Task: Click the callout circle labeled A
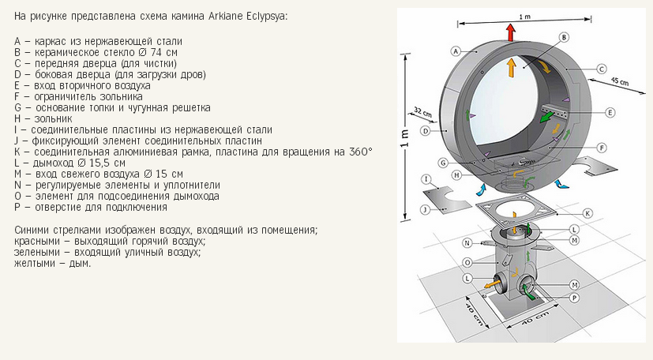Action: click(456, 51)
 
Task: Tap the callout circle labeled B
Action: click(564, 37)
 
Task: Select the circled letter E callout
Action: click(610, 112)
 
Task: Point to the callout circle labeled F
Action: click(602, 148)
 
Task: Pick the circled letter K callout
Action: click(588, 213)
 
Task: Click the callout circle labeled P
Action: click(575, 298)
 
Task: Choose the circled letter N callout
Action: click(467, 243)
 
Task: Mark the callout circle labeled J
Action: click(425, 209)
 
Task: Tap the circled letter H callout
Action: click(457, 175)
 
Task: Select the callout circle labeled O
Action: click(467, 263)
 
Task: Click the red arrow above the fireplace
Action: click(511, 32)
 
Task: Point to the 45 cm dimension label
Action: click(619, 81)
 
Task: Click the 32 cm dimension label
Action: click(422, 112)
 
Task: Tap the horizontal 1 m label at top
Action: click(525, 17)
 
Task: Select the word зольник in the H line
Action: click(53, 119)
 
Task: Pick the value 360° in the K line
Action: click(361, 152)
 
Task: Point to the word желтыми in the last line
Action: click(32, 264)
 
